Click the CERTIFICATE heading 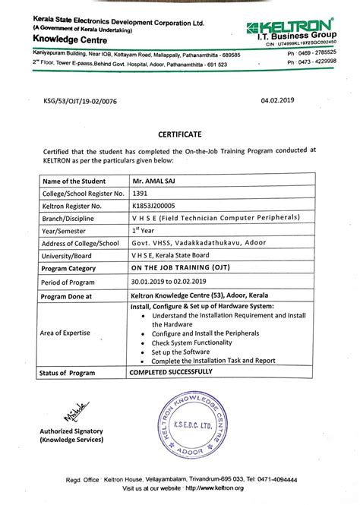[179, 134]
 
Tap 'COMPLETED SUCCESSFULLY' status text [182, 374]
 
